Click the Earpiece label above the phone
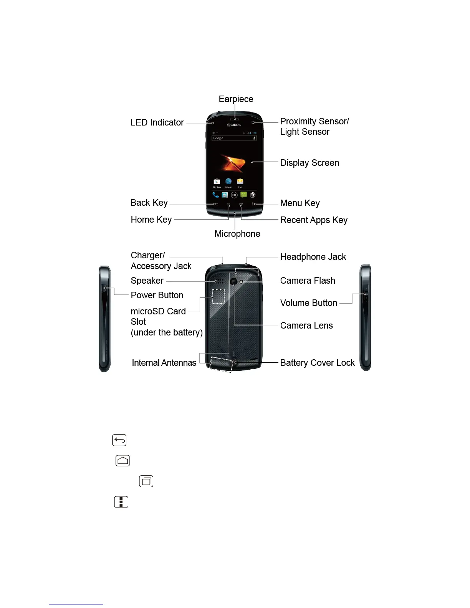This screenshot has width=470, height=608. point(236,99)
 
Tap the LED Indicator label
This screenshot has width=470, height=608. point(157,122)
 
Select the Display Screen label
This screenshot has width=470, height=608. point(309,163)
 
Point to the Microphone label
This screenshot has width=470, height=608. point(237,234)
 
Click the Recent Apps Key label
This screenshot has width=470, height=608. point(314,220)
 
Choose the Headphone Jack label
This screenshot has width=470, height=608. point(313,257)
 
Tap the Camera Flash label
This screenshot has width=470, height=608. point(308,281)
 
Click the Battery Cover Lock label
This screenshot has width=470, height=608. point(317,363)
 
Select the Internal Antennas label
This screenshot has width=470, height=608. point(164,363)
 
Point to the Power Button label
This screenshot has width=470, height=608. point(157,295)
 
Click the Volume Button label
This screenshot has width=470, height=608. point(309,303)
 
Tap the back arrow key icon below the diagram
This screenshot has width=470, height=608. point(119,440)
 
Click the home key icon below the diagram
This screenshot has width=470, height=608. point(123,461)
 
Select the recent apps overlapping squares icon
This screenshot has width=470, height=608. point(146,481)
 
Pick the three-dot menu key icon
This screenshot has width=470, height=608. point(121,502)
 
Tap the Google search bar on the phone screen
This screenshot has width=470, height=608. point(234,138)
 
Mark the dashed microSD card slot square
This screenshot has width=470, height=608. point(218,296)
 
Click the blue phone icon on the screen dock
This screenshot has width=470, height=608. point(215,195)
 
